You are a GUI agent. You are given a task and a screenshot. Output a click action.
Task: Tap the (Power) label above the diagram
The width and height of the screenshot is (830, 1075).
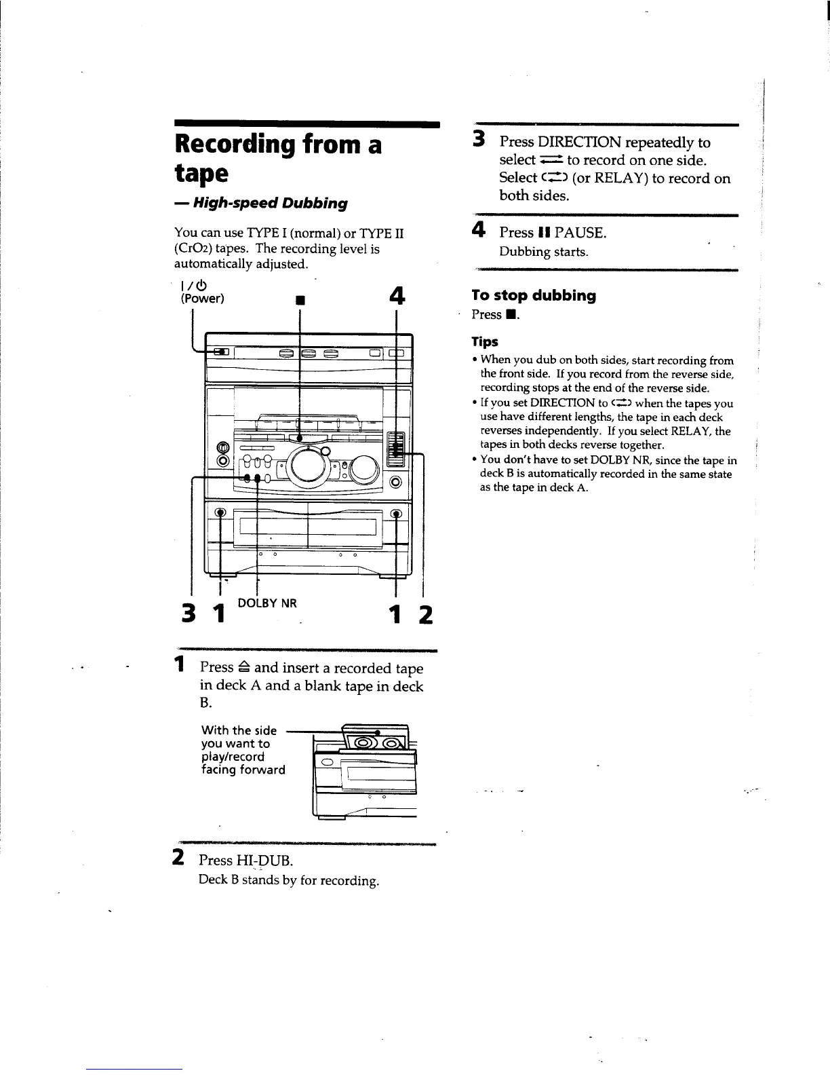(201, 298)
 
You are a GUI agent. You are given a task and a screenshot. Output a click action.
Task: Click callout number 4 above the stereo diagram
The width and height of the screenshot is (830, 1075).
(397, 297)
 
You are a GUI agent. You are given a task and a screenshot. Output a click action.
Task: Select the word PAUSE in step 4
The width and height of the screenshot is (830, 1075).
(579, 232)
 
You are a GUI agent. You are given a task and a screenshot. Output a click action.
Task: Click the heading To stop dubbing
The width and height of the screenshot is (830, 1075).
(534, 295)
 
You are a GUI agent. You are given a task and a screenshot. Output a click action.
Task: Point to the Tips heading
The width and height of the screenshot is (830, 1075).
(485, 341)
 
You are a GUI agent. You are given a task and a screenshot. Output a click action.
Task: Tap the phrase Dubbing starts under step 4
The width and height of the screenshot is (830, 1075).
(544, 252)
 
